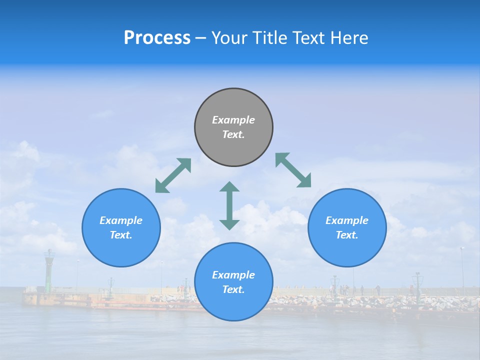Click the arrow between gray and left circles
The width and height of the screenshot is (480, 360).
(x=173, y=175)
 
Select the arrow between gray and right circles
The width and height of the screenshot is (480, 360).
(x=293, y=170)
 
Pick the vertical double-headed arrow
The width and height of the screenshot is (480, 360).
(x=229, y=205)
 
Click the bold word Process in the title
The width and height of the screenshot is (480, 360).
(x=157, y=38)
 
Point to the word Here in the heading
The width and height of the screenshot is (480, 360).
(x=349, y=38)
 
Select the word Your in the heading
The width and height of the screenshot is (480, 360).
(x=230, y=38)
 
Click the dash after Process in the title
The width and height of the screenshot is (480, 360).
(x=201, y=38)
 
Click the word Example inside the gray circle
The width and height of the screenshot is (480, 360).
(x=233, y=120)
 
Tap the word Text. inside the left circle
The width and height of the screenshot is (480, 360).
(x=121, y=235)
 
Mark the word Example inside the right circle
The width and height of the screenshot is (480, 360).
(x=347, y=220)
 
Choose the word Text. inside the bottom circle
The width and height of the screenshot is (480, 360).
(x=233, y=289)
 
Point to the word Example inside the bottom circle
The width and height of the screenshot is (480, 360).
(x=233, y=275)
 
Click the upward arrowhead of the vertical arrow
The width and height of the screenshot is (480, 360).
(x=229, y=187)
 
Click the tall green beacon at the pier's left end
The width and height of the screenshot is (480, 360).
(x=49, y=270)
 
